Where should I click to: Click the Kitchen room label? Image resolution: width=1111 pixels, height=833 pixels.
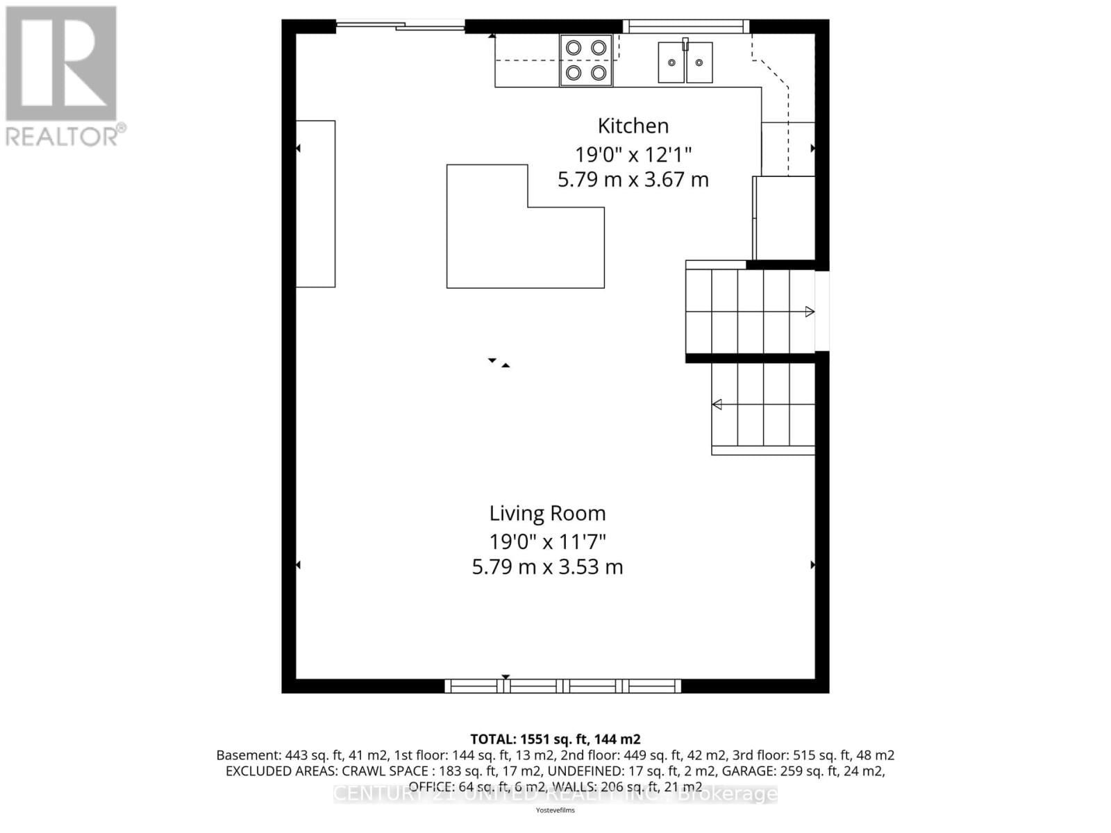[633, 126]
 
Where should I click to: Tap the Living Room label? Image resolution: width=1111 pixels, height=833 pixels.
[547, 513]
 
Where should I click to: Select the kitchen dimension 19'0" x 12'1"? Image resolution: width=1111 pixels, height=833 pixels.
[633, 153]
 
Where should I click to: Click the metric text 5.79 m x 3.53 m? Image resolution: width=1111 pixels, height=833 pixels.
[547, 566]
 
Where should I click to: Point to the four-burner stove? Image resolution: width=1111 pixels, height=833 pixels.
[586, 60]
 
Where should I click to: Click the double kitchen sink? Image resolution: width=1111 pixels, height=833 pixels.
[685, 62]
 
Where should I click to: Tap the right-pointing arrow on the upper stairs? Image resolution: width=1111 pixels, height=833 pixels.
[810, 312]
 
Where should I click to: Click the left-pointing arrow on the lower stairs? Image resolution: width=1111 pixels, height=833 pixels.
[717, 404]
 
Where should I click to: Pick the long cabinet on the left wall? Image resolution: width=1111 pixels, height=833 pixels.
[316, 203]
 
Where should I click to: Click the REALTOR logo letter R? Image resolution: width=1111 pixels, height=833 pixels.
[61, 64]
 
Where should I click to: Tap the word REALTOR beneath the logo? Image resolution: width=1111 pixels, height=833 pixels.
[61, 136]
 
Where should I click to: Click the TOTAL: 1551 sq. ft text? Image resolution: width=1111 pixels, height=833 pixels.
[555, 739]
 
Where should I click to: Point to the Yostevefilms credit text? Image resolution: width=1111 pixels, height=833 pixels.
[555, 810]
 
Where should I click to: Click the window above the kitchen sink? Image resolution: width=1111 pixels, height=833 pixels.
[685, 26]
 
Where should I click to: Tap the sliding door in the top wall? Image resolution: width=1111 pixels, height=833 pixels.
[401, 26]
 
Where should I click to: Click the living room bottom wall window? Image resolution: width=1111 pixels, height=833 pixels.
[562, 686]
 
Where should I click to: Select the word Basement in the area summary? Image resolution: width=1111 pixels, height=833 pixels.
[247, 755]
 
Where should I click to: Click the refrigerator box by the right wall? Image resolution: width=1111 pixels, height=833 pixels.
[785, 218]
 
